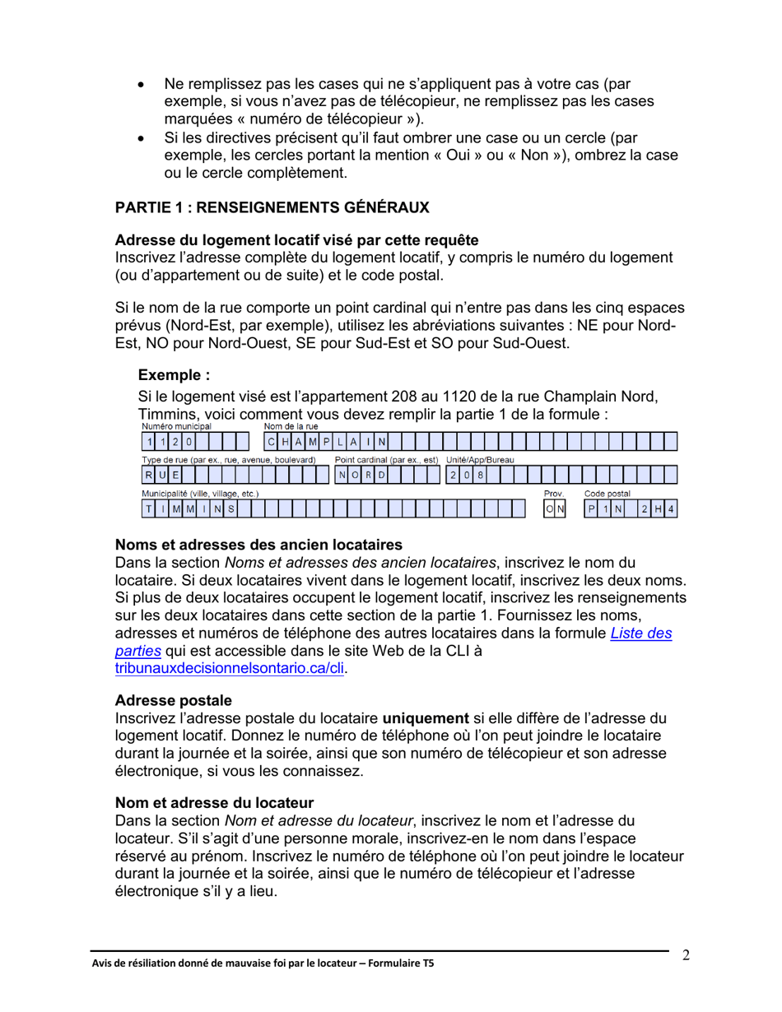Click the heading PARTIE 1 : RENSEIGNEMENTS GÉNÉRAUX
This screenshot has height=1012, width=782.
272,209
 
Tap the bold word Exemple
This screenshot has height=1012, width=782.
174,376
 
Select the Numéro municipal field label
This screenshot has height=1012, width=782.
176,426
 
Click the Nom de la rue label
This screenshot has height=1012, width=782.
291,426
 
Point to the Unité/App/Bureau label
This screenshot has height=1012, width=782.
479,458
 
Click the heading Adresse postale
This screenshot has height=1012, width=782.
173,699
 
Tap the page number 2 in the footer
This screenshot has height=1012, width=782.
685,955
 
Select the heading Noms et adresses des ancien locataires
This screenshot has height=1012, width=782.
258,545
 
